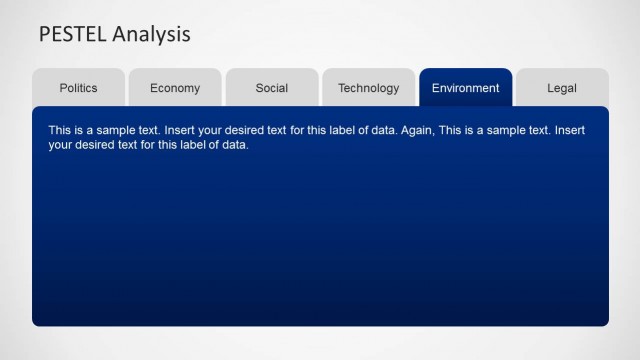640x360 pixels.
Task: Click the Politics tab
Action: point(78,88)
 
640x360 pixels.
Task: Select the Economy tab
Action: point(175,88)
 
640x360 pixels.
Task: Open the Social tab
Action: point(272,88)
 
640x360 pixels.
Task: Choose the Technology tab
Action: point(368,88)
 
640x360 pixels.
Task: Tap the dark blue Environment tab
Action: point(465,88)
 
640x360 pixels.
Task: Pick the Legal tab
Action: point(562,88)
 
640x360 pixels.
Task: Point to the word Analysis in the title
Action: point(151,35)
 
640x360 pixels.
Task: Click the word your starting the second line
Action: point(61,145)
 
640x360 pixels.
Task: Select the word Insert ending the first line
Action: point(571,131)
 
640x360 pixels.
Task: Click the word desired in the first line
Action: point(251,131)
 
